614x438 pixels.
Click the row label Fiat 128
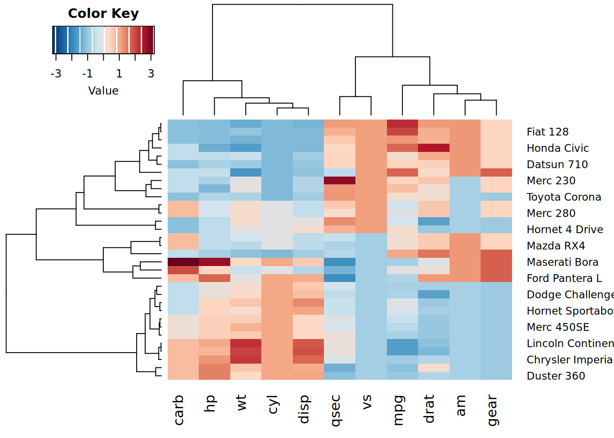547,132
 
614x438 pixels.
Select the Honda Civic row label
557,148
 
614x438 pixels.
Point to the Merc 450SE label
558,327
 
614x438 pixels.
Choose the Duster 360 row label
556,376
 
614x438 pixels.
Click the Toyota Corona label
564,197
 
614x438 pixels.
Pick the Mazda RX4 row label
556,246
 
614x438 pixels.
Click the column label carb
179,410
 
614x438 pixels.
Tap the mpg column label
398,410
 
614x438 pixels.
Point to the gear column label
492,410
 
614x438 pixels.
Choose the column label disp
304,409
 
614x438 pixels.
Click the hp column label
210,404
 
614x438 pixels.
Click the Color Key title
103,14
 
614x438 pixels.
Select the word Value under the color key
103,91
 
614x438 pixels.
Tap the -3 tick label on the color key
56,74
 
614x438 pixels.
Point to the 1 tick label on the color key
119,74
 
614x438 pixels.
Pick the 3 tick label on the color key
151,74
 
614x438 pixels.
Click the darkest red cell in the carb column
183,262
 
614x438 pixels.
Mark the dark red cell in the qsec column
339,180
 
